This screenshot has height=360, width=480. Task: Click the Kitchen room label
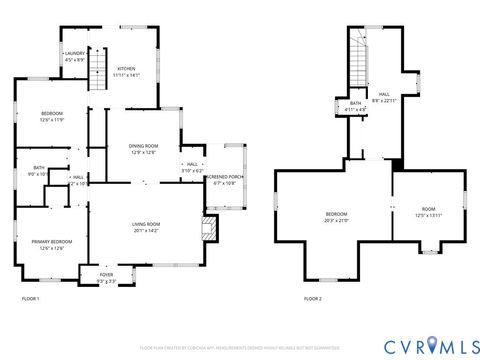coord(126,71)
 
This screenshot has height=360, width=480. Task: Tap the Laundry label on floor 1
coord(75,56)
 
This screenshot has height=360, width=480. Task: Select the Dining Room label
coord(144,149)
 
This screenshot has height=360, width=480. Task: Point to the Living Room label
coord(146,227)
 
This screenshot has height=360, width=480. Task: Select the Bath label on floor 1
coord(38,171)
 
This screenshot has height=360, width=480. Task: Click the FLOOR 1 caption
coord(31,299)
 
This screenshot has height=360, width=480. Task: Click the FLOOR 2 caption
coord(313,299)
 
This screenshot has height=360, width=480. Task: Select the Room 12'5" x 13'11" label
coord(428,213)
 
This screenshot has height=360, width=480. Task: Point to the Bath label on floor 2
coord(356,106)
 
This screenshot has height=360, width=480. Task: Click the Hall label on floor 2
coord(384,98)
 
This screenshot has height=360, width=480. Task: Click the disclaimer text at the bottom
coord(240,347)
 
